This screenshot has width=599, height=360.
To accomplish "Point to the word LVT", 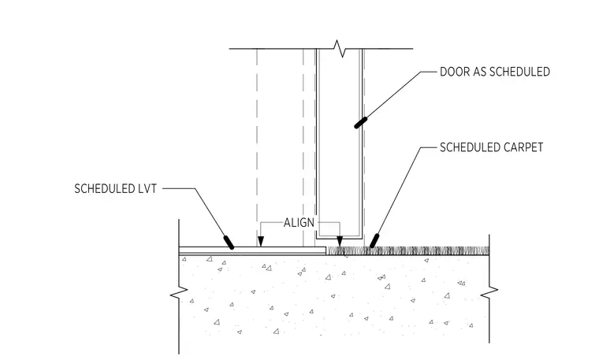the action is coord(147,188).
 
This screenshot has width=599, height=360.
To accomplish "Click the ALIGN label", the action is coord(299,223).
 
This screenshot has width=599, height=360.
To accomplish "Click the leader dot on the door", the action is coord(361,123).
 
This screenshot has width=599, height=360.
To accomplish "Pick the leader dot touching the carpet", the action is coord(374,241).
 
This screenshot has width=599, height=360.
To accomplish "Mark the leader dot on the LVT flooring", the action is coord(229,243).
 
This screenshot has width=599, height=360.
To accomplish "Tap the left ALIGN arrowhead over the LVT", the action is coord(261,241).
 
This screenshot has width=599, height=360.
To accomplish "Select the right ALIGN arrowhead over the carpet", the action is coord(340,241).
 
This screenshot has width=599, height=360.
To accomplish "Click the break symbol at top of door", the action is coord(340,49).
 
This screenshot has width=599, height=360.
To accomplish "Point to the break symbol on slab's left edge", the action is coord(179,293).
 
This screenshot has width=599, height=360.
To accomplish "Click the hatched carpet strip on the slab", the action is coord(407,251).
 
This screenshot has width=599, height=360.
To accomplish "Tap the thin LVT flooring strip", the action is coord(252,251).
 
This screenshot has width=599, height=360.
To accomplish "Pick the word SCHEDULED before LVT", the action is coord(104,188).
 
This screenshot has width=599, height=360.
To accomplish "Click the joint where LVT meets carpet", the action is coord(326,251).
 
